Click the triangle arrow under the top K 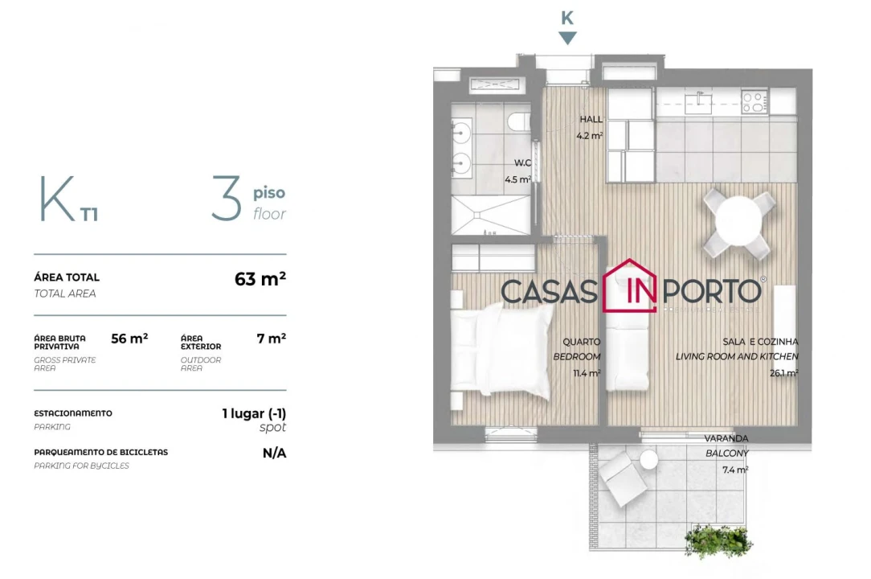[567, 38]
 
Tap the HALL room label [591, 120]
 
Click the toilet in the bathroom [518, 122]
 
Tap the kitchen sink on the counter [699, 100]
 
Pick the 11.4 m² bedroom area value [587, 373]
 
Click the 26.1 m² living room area [783, 373]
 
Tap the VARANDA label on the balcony [726, 439]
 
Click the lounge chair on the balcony [622, 478]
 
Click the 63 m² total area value [260, 279]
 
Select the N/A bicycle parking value [274, 454]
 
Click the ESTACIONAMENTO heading [73, 413]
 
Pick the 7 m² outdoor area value [271, 339]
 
